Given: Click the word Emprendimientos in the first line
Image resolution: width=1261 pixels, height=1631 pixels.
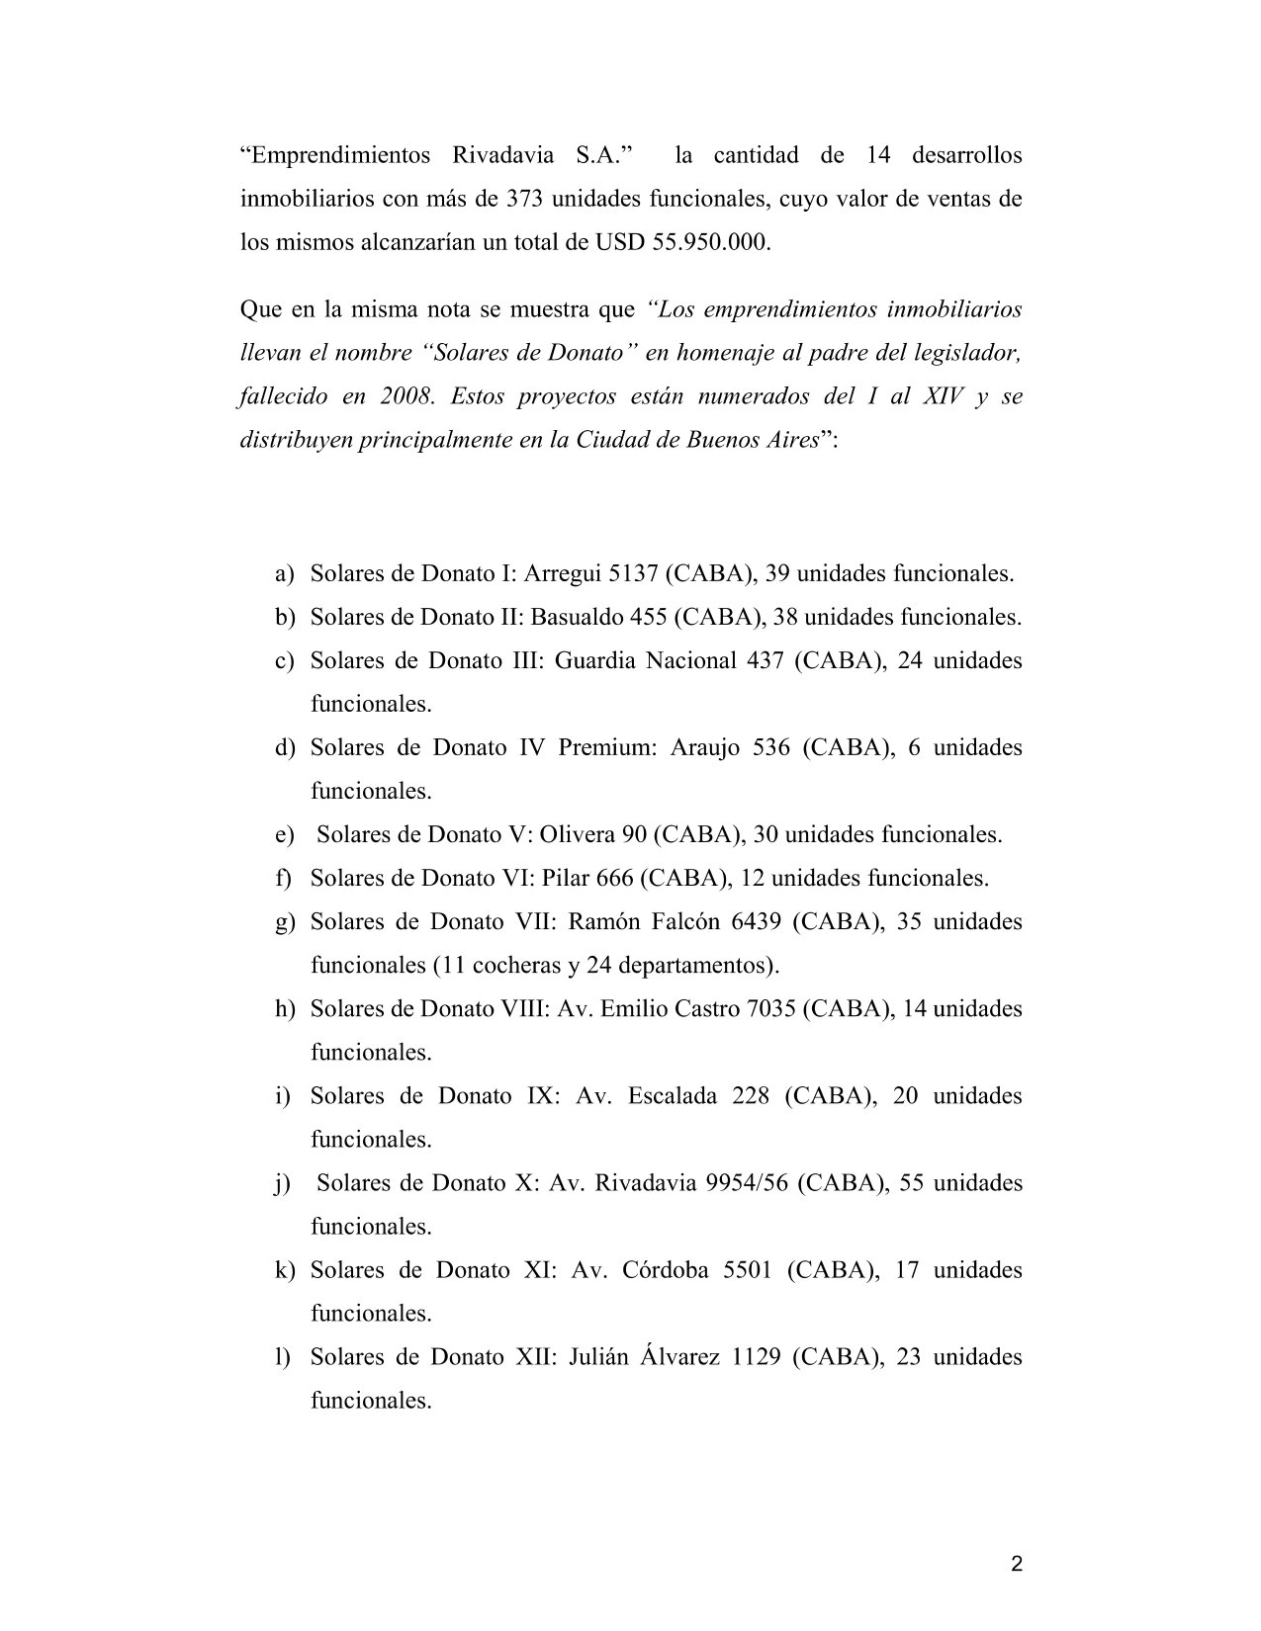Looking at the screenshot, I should pyautogui.click(x=336, y=156).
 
